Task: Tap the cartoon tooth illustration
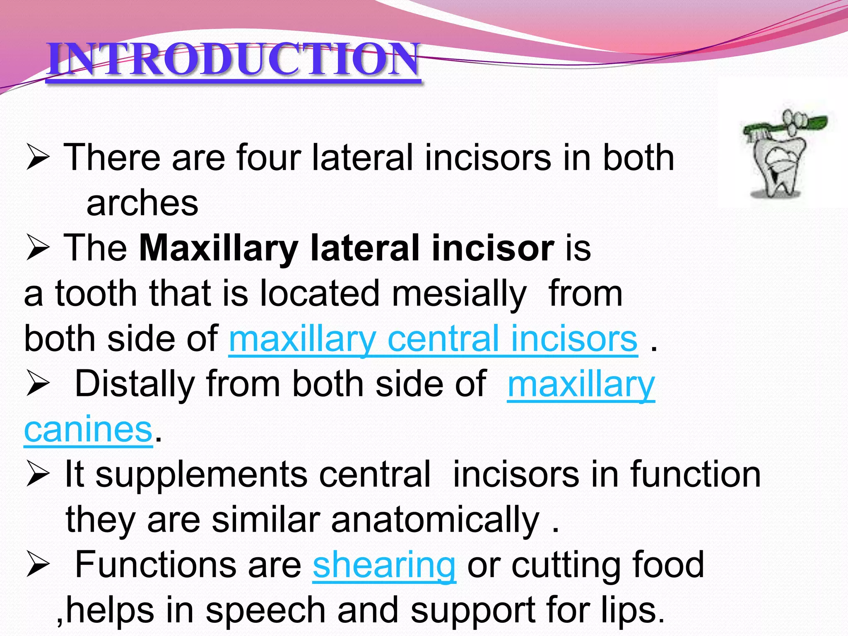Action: coord(778,166)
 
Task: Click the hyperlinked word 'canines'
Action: coord(88,430)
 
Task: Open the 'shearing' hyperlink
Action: coord(384,565)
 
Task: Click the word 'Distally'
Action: coord(135,384)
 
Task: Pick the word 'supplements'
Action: coord(202,475)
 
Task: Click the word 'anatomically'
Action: coord(435,520)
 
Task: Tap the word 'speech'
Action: coord(265,610)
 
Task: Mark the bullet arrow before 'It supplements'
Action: coord(38,475)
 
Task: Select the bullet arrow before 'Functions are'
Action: coord(38,565)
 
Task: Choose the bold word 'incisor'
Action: coord(493,248)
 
